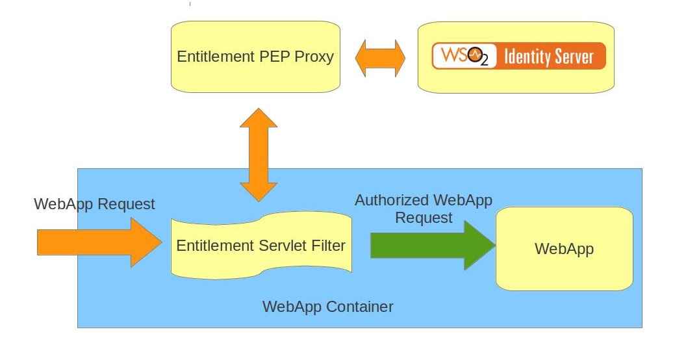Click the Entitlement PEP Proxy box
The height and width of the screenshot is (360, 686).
point(255,78)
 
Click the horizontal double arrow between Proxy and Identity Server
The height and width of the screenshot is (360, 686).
point(380,58)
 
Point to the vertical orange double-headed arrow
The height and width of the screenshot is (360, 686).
point(259,155)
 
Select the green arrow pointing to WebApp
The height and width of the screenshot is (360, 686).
point(432,245)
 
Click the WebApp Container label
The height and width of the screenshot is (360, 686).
point(327,306)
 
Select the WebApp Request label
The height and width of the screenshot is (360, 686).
point(94,204)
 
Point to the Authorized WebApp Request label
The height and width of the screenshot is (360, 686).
point(423,209)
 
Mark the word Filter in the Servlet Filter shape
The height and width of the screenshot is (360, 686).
point(329,246)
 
